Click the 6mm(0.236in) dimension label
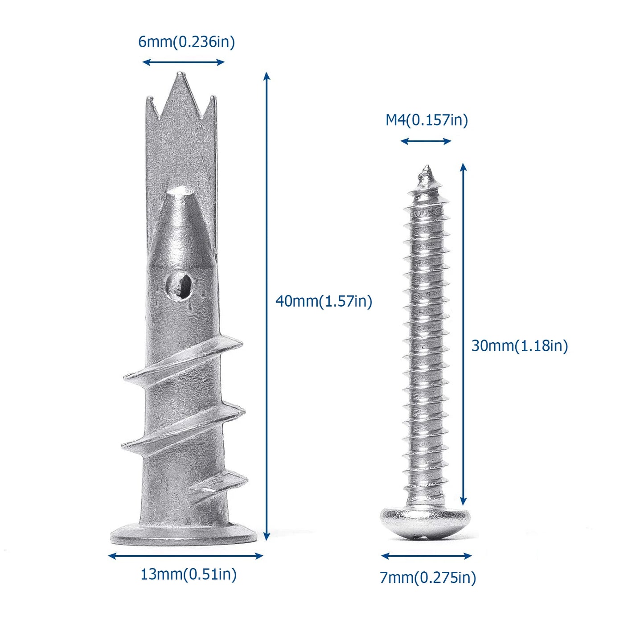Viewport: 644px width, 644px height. pyautogui.click(x=186, y=42)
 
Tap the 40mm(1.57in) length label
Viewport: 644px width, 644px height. pyautogui.click(x=324, y=301)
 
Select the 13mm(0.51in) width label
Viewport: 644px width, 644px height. pyautogui.click(x=188, y=574)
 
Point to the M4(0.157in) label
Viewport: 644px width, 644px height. pyautogui.click(x=427, y=120)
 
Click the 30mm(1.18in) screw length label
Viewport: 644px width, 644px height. pyautogui.click(x=520, y=346)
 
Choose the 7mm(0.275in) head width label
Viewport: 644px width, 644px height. pyautogui.click(x=428, y=578)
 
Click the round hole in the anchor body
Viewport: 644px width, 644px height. pyautogui.click(x=179, y=286)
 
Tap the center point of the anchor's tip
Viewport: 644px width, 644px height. pyautogui.click(x=180, y=82)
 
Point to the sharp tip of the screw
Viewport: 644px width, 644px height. pyautogui.click(x=427, y=169)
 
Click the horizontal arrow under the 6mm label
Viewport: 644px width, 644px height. pyautogui.click(x=183, y=62)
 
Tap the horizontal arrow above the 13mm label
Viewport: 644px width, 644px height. pyautogui.click(x=185, y=556)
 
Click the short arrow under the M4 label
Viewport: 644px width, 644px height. pyautogui.click(x=426, y=141)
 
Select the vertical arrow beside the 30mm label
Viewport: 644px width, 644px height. pyautogui.click(x=464, y=334)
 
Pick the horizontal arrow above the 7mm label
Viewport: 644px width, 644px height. pyautogui.click(x=427, y=556)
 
